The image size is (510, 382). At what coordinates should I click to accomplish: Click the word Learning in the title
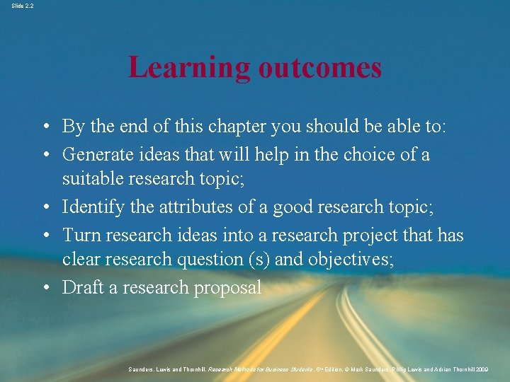coord(189,69)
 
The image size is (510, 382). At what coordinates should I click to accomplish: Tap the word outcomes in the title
coord(320,69)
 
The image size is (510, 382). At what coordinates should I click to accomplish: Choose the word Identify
coord(90,207)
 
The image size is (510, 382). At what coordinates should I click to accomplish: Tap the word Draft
coord(83,287)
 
